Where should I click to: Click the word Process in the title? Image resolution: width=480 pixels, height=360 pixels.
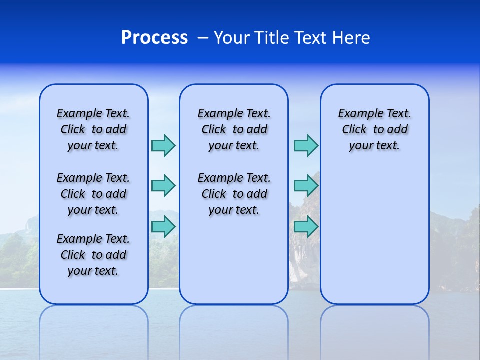154,38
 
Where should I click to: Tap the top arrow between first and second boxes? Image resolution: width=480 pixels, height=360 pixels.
163,145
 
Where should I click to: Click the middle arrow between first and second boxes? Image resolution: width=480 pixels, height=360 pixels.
163,186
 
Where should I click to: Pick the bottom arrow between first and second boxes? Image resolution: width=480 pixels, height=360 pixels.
163,227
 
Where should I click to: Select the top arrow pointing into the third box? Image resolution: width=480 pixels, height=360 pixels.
306,145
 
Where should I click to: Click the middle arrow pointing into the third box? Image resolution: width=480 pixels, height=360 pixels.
306,186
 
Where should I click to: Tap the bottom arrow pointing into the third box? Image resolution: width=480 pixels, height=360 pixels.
306,227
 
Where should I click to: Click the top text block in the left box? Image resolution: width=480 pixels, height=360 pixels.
93,129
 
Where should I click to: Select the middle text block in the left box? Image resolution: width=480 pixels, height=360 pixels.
93,194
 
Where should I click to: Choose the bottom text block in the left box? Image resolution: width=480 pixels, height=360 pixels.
93,255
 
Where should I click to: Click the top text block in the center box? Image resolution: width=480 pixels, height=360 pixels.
234,129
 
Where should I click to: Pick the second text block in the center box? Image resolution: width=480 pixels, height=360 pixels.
234,194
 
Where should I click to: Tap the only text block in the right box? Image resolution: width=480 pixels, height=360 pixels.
374,129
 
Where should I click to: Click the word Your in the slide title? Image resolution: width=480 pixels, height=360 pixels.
232,38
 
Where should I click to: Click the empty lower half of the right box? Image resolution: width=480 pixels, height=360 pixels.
374,240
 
